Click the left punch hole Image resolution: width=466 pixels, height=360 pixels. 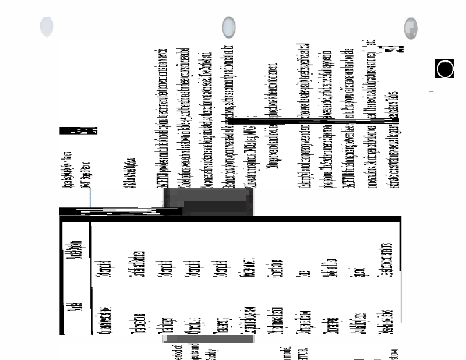point(47,27)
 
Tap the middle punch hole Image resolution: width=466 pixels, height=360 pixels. point(230,27)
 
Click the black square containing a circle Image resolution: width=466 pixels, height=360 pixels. point(444,69)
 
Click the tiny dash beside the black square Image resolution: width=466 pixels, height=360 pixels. point(432,92)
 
